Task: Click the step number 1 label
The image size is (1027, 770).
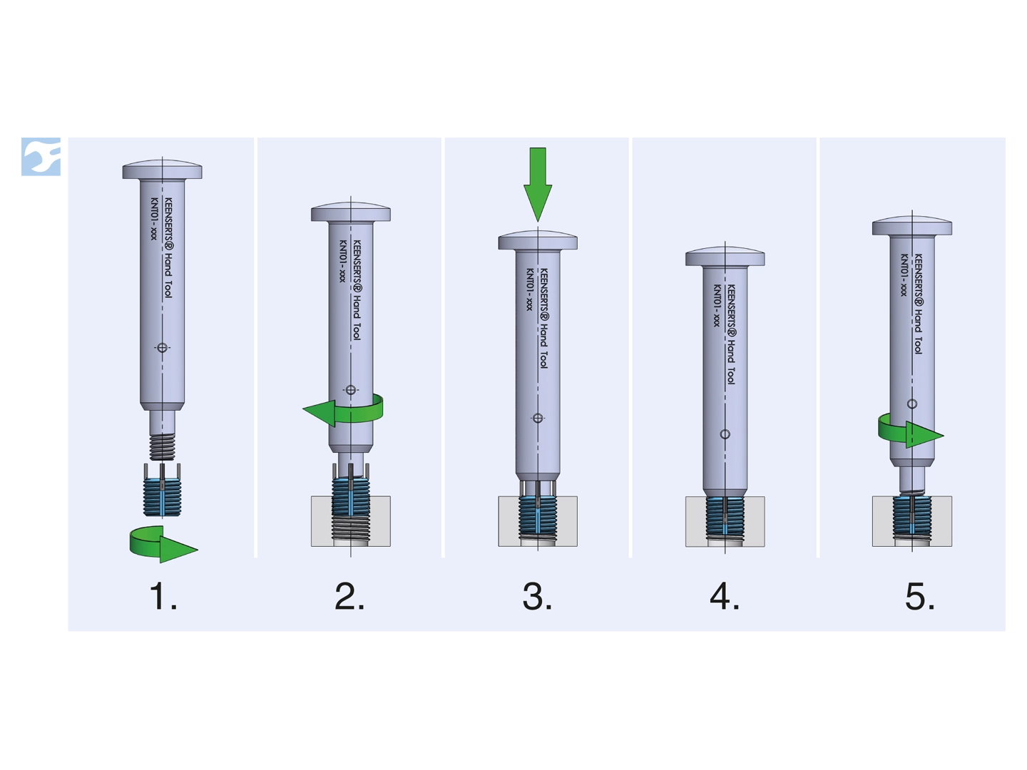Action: pos(163,597)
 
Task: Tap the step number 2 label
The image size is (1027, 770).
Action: pos(349,597)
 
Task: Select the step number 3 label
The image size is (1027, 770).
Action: pos(537,597)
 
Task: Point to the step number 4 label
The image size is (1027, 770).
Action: pos(725,597)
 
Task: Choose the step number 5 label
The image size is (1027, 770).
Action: pos(920,597)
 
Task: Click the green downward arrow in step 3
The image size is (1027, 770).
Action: pos(538,184)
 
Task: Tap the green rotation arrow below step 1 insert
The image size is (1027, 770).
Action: pos(164,544)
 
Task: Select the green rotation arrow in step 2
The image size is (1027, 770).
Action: pos(343,409)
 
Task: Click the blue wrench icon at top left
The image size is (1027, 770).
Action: pos(41,157)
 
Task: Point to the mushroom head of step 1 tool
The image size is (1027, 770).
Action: pos(163,170)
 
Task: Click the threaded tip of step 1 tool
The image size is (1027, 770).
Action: pos(163,446)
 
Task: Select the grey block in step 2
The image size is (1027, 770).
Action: pos(351,521)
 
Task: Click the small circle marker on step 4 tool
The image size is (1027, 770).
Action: pos(725,434)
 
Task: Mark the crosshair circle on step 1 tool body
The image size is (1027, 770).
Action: pos(163,348)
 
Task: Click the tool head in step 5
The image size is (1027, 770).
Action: pos(912,226)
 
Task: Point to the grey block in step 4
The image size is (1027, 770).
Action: pos(725,521)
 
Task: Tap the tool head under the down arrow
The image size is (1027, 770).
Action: pos(538,240)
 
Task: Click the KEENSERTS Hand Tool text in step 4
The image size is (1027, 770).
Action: pos(730,334)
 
